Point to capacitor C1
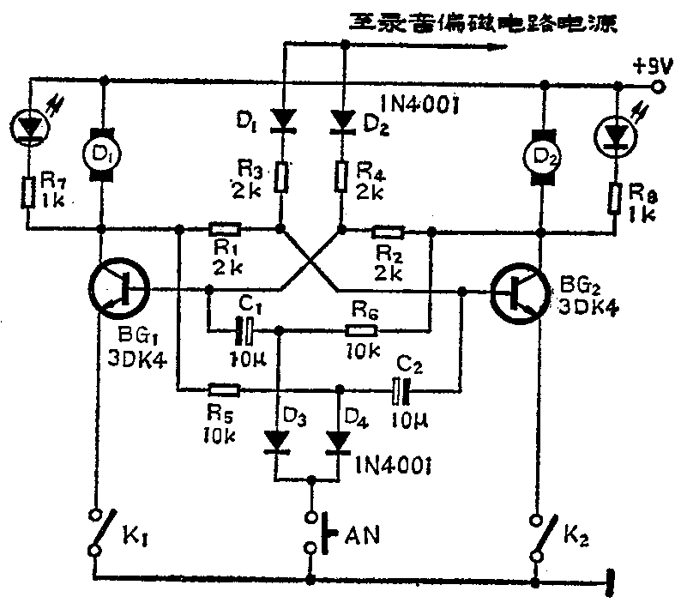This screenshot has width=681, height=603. pyautogui.click(x=246, y=328)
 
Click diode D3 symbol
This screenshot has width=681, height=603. pyautogui.click(x=276, y=441)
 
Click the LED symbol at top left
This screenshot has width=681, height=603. pyautogui.click(x=30, y=126)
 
